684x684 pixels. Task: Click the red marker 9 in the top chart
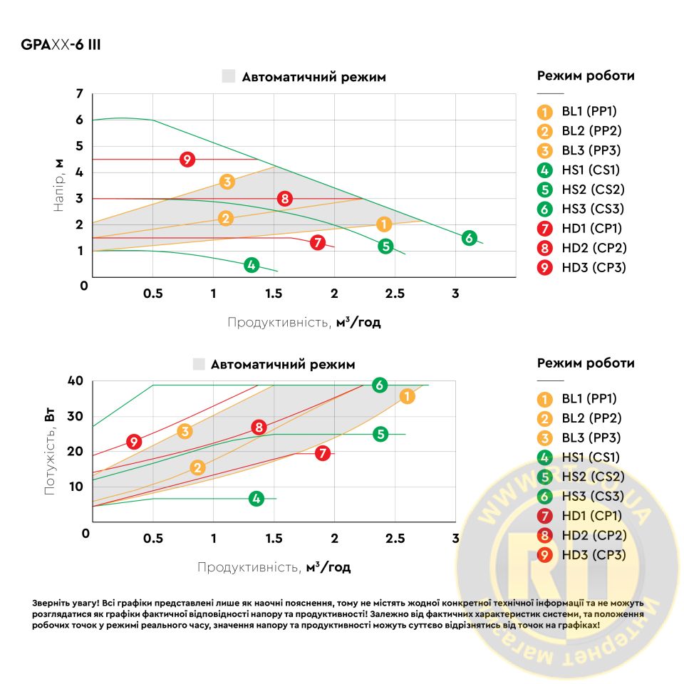187,160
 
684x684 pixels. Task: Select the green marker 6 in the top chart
468,238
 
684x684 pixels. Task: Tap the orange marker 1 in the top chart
384,224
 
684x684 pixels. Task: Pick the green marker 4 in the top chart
251,265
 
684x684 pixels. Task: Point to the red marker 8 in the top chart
285,199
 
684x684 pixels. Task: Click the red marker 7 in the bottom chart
323,453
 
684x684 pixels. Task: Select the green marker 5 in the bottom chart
380,434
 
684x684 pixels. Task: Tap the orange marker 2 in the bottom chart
198,467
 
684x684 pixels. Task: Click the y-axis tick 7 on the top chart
80,94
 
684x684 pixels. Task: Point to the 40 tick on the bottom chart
76,381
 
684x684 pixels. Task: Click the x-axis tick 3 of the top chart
455,294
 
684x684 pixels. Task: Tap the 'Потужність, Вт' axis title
50,452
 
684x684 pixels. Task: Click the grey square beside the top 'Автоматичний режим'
228,77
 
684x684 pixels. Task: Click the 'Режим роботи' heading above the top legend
586,76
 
